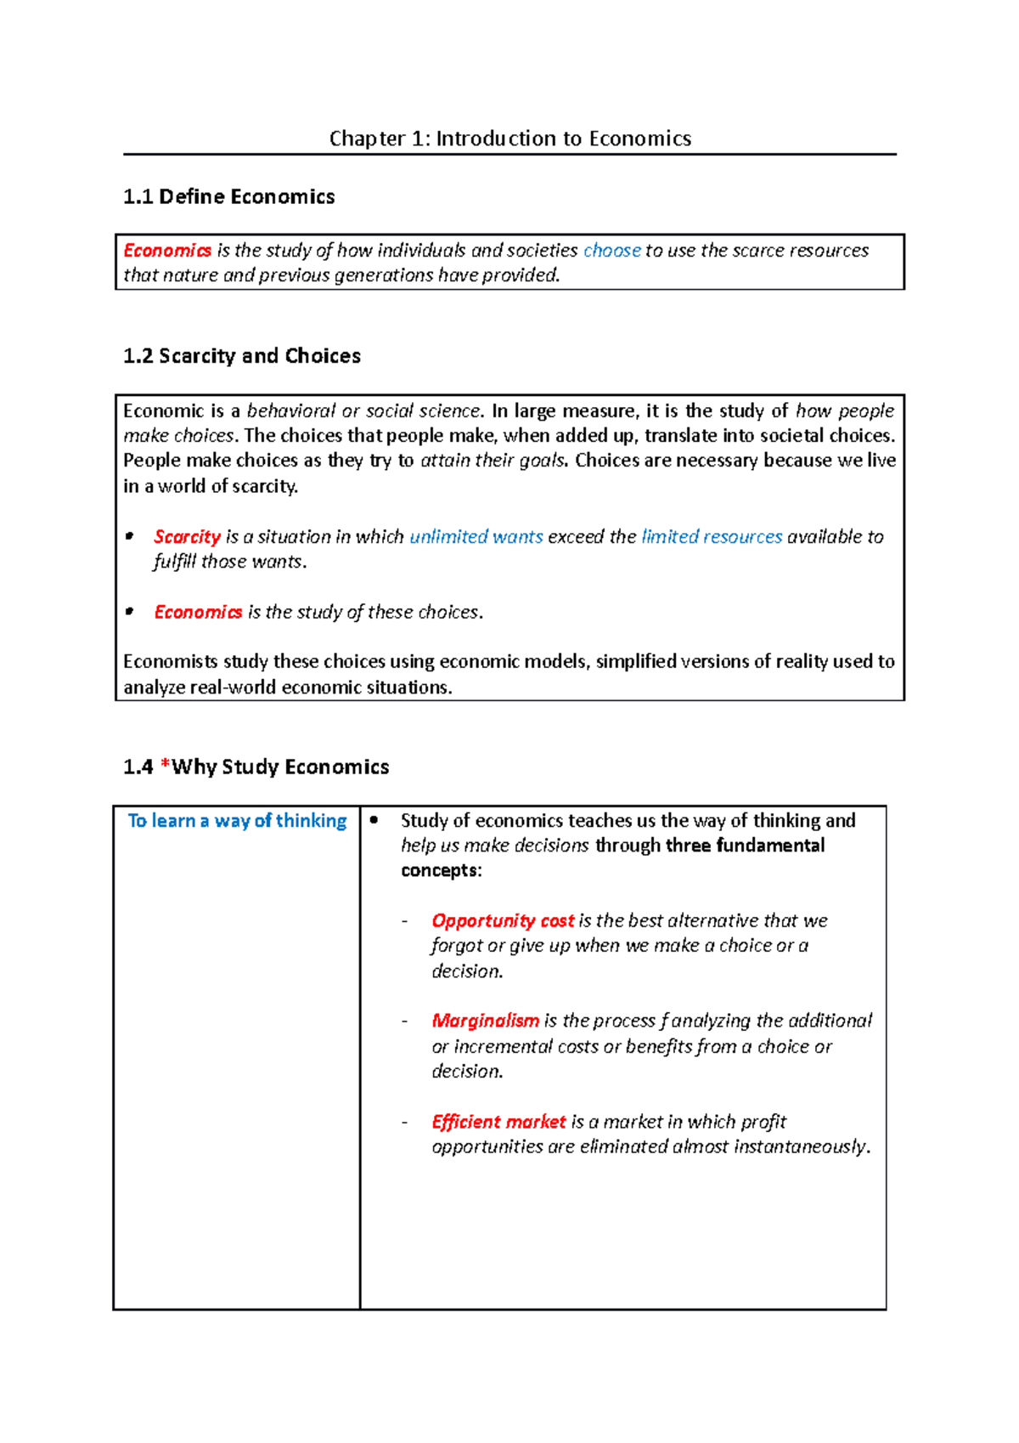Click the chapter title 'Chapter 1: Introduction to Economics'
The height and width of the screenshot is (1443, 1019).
(509, 139)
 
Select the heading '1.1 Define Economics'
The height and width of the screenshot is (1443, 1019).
(228, 197)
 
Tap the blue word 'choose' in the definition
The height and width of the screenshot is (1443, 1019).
(611, 251)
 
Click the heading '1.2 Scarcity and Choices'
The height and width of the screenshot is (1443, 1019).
(241, 356)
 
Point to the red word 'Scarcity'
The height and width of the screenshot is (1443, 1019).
(187, 537)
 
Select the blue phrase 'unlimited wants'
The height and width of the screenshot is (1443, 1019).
(476, 537)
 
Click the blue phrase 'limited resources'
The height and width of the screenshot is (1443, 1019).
(712, 537)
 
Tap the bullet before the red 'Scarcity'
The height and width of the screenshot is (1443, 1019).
(130, 536)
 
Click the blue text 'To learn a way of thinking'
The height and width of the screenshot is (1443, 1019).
(237, 821)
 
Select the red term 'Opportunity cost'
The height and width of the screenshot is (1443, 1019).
(503, 921)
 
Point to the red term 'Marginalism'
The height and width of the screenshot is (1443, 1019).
(485, 1021)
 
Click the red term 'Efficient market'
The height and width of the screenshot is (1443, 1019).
(498, 1122)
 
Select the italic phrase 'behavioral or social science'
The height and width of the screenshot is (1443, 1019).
(364, 411)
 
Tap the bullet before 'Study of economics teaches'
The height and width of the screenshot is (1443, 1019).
(374, 820)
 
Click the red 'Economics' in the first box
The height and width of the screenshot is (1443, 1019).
(167, 251)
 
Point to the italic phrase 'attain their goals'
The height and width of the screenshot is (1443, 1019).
(493, 461)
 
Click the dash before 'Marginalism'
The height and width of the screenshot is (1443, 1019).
(405, 1021)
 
